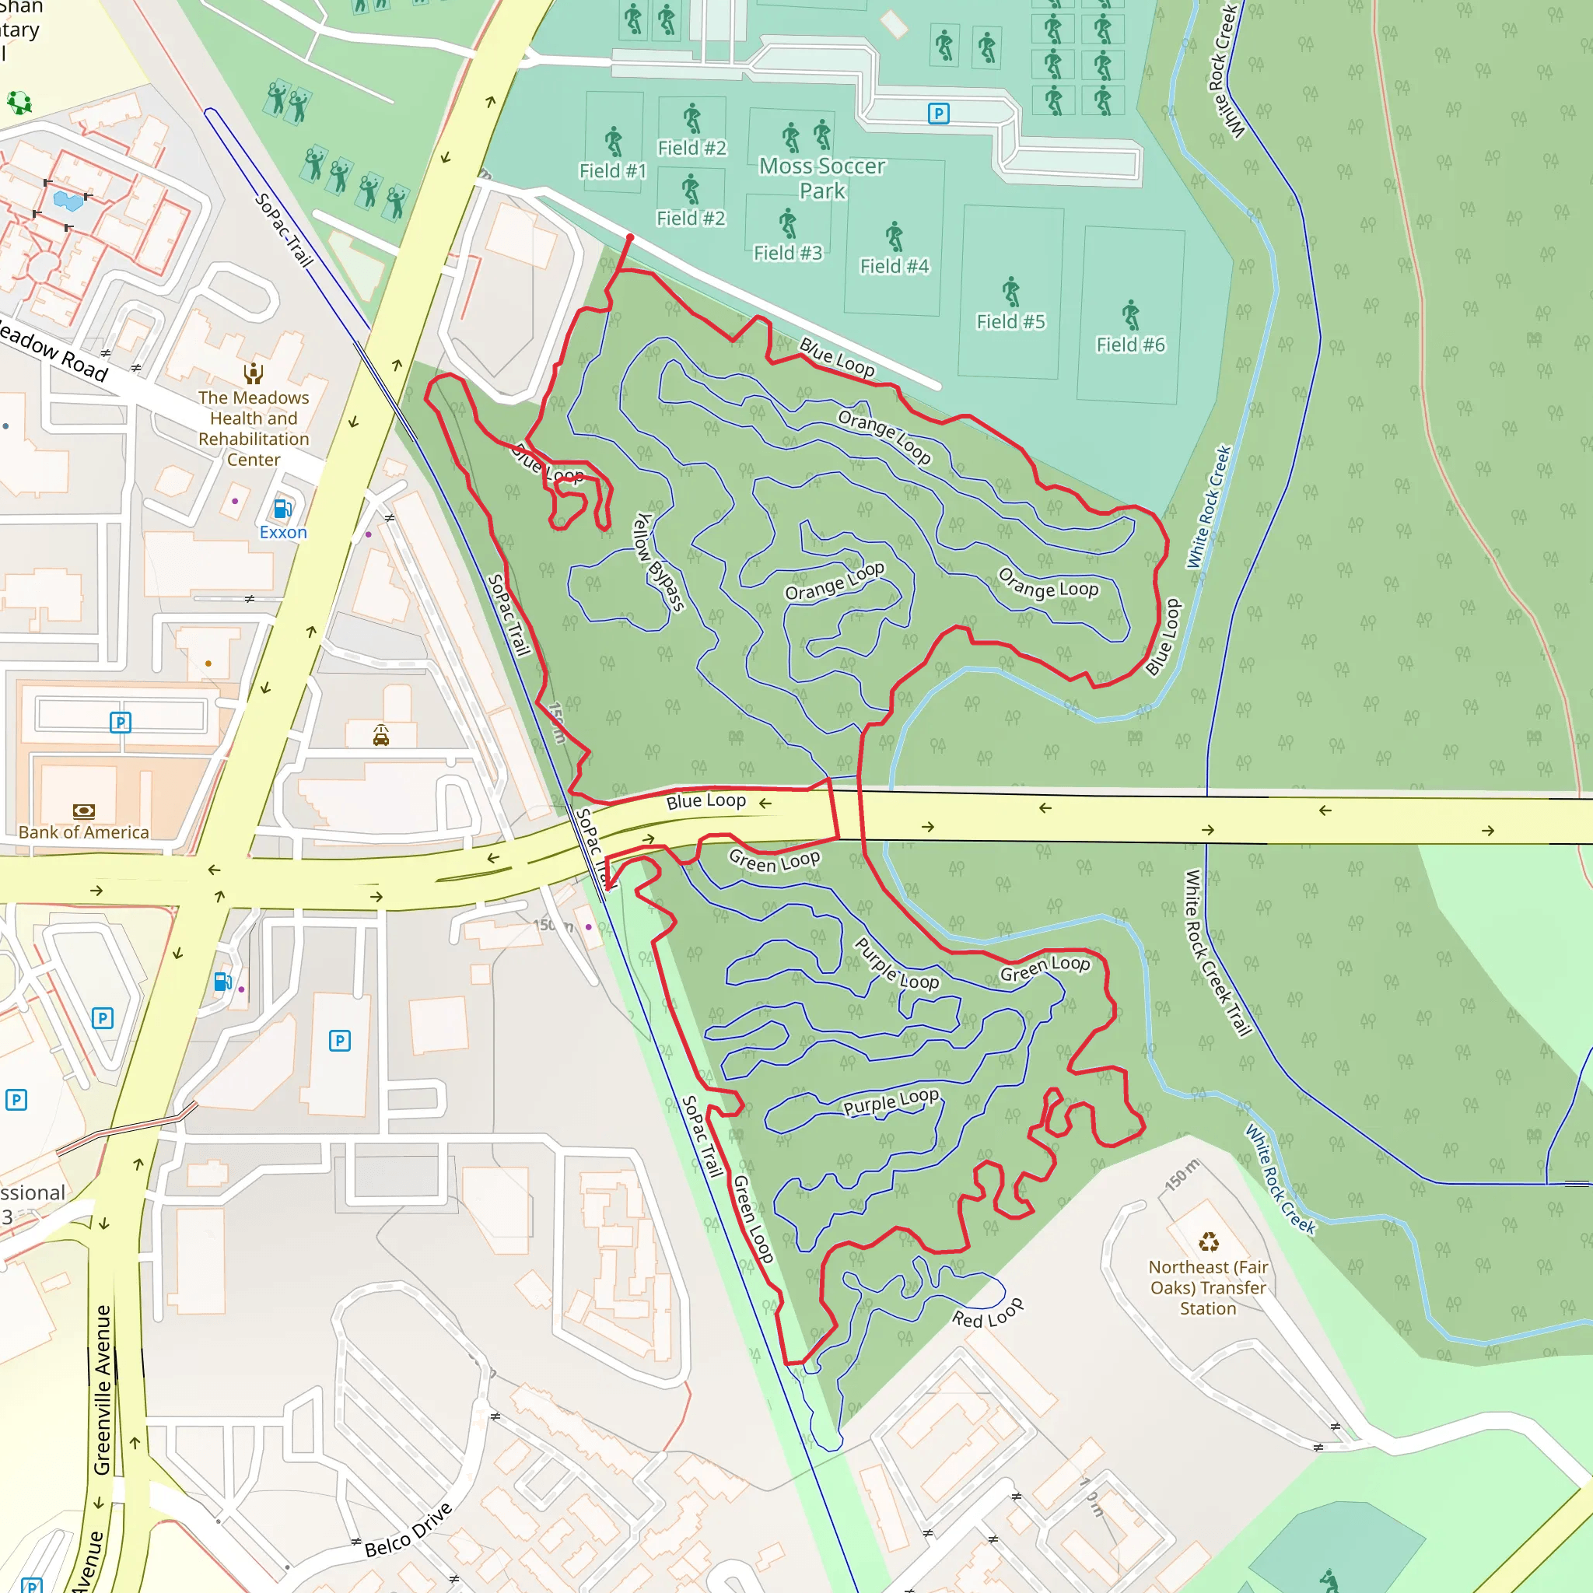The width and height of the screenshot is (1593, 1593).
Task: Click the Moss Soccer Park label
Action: [822, 178]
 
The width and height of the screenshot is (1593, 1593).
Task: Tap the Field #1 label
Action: [613, 170]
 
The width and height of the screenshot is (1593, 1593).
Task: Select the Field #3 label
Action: [787, 253]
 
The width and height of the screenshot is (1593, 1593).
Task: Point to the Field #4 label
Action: [894, 266]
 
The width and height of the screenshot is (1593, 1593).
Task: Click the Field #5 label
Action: [1010, 321]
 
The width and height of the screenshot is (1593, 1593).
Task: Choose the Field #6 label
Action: [1129, 345]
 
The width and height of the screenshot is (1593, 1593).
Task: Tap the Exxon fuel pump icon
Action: [282, 509]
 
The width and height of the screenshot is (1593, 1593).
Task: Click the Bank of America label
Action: [83, 832]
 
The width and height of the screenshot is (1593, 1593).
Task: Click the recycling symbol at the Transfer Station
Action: [1208, 1241]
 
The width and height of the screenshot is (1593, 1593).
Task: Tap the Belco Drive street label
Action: [409, 1529]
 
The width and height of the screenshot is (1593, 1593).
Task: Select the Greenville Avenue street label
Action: [102, 1390]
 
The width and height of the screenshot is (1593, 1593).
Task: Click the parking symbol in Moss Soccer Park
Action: [938, 113]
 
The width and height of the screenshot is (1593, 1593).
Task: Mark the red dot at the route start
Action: [630, 237]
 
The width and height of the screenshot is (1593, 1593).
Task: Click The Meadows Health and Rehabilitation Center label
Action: [253, 428]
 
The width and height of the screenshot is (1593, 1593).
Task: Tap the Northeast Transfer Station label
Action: [1208, 1287]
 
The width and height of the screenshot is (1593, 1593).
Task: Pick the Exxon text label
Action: [283, 532]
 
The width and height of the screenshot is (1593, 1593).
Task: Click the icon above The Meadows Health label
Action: [253, 373]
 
